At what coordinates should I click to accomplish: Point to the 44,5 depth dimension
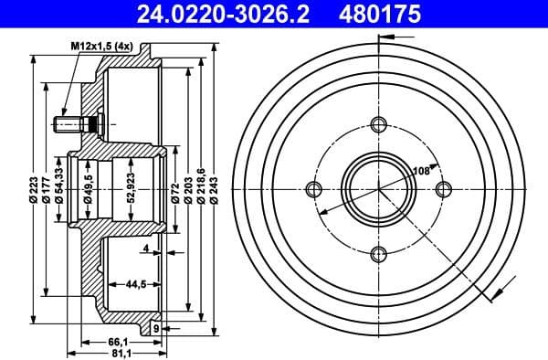137,284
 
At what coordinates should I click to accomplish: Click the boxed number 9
156,326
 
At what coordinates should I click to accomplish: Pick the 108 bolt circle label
421,170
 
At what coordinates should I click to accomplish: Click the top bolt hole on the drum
379,124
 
